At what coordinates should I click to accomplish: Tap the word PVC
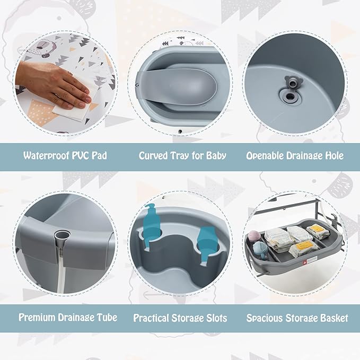[80, 156]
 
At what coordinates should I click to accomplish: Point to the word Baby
[214, 156]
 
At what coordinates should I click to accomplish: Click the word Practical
[153, 318]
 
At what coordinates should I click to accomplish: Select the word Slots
[215, 318]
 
